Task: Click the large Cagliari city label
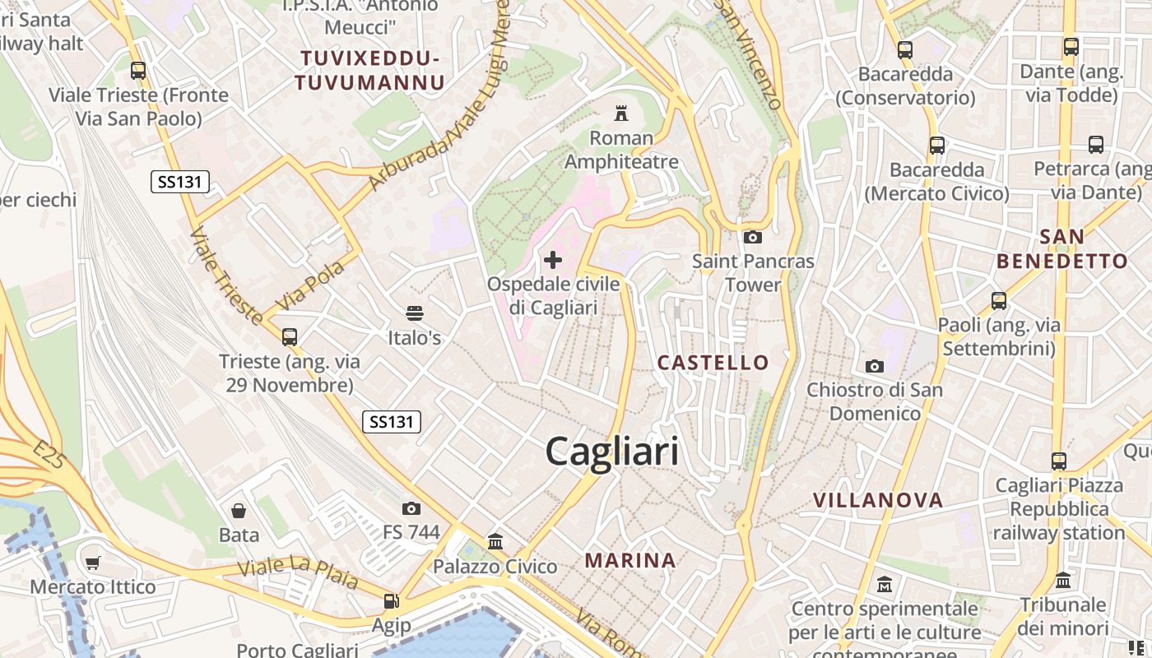pos(612,452)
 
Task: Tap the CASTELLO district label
pos(713,362)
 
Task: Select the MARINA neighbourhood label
pos(630,560)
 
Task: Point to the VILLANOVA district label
pos(878,499)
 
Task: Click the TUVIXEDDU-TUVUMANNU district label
pos(369,70)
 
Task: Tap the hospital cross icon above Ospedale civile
pos(553,261)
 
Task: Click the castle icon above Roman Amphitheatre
pos(621,114)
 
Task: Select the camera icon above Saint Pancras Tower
pos(752,238)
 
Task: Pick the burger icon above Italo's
pos(414,313)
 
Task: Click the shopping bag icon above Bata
pos(239,511)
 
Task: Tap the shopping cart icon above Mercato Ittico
pos(92,563)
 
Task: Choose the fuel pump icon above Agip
pos(391,601)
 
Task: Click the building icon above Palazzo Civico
pos(495,541)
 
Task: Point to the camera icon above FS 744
pos(411,508)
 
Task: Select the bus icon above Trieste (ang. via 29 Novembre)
pos(289,336)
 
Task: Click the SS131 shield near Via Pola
pos(180,182)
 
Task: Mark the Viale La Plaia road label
pos(298,572)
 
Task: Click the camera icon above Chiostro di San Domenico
pos(874,366)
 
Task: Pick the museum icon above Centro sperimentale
pos(885,585)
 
